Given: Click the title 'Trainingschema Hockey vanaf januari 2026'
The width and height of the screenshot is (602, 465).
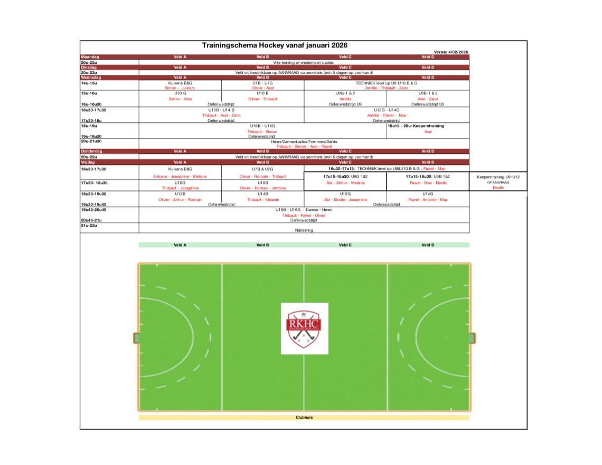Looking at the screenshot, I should (275, 46).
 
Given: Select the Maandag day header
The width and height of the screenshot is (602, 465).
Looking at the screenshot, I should (90, 57).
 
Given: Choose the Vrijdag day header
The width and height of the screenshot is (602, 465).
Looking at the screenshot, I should (89, 162).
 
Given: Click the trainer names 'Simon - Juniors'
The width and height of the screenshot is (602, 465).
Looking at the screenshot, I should (180, 88).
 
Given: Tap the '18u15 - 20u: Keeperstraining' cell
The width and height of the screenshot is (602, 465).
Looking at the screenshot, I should (416, 126).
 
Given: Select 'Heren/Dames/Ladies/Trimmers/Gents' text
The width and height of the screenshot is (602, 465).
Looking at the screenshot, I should (304, 141).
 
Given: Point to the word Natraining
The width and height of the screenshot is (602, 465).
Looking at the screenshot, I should (304, 230).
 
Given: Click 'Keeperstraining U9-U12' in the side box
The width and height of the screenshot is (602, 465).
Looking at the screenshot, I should (498, 177).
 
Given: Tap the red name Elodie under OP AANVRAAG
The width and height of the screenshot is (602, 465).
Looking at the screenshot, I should (498, 187).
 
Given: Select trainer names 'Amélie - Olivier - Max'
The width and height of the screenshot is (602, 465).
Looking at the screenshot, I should (387, 115).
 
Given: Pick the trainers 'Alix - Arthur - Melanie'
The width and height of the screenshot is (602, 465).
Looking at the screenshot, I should (345, 182).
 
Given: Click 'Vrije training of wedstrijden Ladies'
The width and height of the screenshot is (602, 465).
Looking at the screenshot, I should (304, 62).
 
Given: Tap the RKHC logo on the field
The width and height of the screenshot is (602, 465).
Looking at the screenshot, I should (304, 328).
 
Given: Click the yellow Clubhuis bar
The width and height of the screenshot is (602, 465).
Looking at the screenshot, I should (304, 418).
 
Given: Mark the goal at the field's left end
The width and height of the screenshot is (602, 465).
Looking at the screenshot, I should (136, 337).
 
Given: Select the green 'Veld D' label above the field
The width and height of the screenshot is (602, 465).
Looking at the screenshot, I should (428, 245).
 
